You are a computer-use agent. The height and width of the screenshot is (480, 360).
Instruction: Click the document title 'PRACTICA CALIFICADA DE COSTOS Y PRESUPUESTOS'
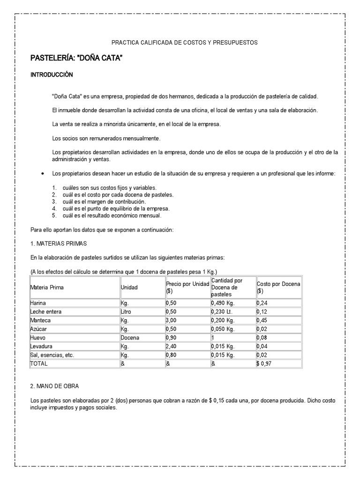pos(180,43)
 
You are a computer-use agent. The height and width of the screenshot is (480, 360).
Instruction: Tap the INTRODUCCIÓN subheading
pos(52,75)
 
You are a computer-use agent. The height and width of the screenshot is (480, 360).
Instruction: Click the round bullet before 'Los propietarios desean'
pos(43,173)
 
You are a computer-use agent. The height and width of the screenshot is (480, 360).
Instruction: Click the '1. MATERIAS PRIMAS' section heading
pos(59,244)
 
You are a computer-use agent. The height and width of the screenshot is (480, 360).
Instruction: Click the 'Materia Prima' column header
pos(47,287)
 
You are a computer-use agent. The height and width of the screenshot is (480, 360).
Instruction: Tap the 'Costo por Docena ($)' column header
pos(278,287)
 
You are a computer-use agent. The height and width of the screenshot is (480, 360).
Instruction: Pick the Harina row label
pos(38,303)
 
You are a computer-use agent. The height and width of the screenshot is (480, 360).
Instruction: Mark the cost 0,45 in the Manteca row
pos(262,321)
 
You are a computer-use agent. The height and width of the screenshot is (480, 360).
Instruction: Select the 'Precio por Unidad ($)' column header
pos(187,287)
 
